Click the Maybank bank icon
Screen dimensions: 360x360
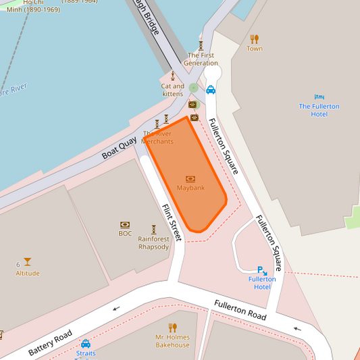[190, 179]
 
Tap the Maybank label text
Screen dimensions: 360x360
[190, 188]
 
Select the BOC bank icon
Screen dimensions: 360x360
[125, 224]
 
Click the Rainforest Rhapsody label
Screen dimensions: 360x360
[153, 242]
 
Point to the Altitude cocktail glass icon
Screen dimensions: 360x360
[27, 262]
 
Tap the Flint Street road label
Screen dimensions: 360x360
[172, 223]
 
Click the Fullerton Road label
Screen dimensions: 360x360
[240, 310]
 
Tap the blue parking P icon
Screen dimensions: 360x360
[261, 269]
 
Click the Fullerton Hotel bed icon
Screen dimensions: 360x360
[319, 97]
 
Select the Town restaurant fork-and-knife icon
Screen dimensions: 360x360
[254, 39]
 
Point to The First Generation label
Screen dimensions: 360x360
[201, 59]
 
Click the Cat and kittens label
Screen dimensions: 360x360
[172, 90]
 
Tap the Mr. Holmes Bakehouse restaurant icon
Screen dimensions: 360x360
[172, 328]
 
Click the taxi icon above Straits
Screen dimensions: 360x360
[86, 343]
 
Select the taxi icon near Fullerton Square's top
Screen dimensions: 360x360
[211, 89]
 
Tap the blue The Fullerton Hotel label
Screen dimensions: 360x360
[319, 110]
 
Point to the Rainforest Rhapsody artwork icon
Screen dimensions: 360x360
[153, 229]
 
